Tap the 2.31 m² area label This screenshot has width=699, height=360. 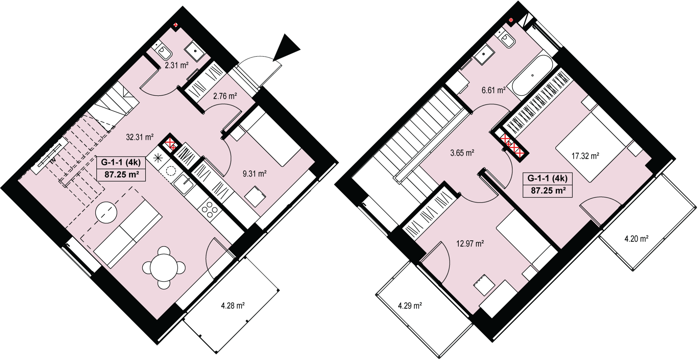[176, 65]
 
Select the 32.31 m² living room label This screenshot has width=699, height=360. [140, 137]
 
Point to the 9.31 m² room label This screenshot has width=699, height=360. [254, 174]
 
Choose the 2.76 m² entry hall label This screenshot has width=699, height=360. [225, 96]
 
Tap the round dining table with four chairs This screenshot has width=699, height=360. [164, 268]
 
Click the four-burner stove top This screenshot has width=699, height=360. [210, 210]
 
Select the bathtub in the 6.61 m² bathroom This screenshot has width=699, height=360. [532, 76]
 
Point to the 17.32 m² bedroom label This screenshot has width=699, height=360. [585, 156]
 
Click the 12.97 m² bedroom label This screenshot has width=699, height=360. [470, 243]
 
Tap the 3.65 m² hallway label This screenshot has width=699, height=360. [462, 153]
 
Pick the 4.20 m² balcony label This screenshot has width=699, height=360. [636, 239]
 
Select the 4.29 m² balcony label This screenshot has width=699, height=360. [410, 305]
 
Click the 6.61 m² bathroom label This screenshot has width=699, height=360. [493, 90]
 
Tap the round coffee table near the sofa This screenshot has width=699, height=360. [106, 213]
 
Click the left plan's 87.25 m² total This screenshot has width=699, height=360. [122, 174]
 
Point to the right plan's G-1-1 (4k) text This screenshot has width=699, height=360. [547, 178]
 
